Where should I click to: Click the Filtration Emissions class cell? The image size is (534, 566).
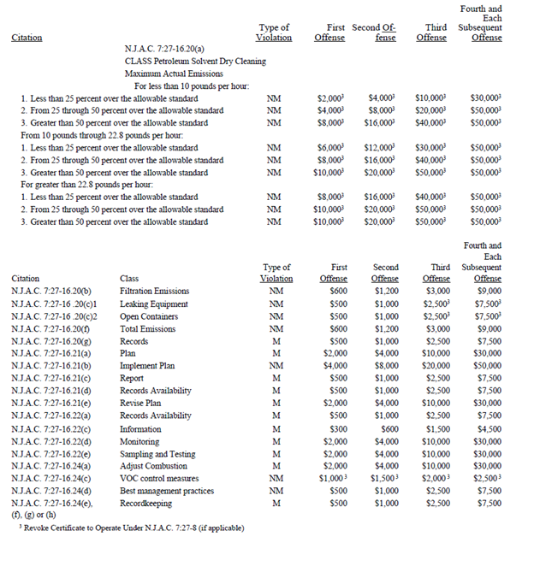(x=154, y=292)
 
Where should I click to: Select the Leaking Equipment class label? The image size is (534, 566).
(x=154, y=304)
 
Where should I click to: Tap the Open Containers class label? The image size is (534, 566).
(x=149, y=316)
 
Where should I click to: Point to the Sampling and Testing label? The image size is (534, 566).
(x=157, y=454)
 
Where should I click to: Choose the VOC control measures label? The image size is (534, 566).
(x=158, y=479)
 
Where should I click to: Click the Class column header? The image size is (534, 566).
(x=130, y=279)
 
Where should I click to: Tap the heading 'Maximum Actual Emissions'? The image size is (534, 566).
(x=174, y=74)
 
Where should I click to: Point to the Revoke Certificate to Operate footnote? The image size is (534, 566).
(x=131, y=528)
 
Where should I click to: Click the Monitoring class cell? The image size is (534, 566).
(x=139, y=441)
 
